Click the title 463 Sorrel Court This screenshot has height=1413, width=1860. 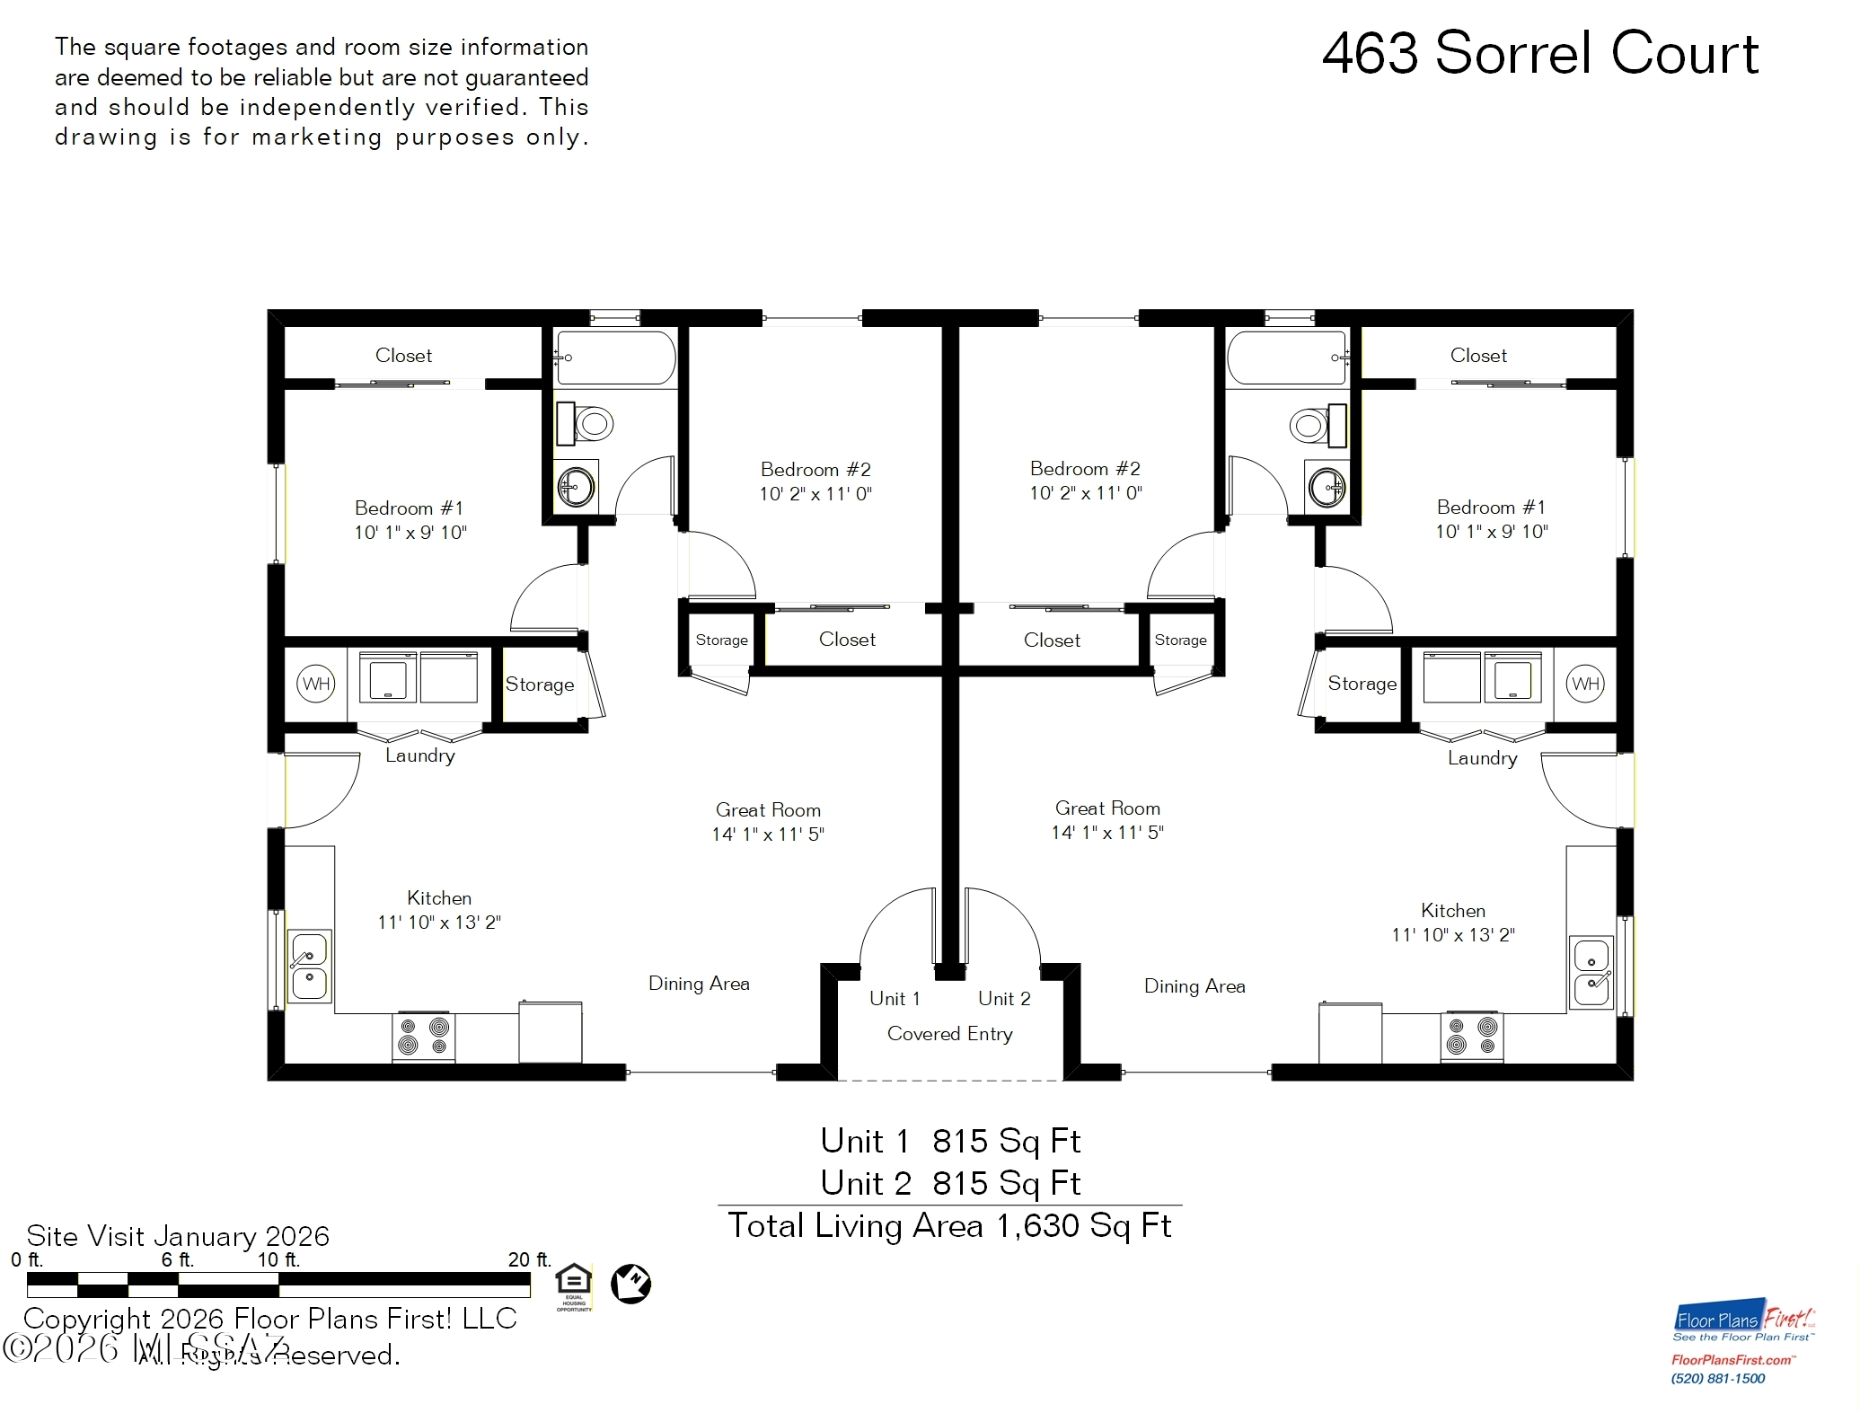click(1539, 54)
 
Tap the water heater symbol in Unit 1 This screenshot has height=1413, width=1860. click(315, 684)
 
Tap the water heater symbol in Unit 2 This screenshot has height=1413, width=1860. click(1585, 684)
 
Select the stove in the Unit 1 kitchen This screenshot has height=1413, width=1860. click(424, 1037)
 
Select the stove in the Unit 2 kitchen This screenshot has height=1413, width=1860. click(1471, 1037)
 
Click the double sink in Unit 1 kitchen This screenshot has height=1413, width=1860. click(309, 967)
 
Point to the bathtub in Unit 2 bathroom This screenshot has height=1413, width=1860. click(1287, 358)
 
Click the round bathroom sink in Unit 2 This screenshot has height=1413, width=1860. click(1327, 488)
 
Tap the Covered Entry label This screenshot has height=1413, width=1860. click(949, 1034)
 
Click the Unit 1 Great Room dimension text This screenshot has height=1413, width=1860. click(768, 835)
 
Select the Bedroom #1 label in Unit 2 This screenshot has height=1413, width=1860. click(1491, 508)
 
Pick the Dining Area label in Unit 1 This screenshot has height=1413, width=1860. click(699, 984)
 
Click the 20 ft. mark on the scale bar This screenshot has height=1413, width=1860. click(528, 1260)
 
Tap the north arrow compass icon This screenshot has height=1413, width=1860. click(630, 1284)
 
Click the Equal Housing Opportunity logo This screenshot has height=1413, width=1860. click(574, 1286)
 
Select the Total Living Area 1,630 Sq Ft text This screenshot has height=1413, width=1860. click(949, 1226)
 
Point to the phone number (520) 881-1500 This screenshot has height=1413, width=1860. click(1717, 1379)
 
